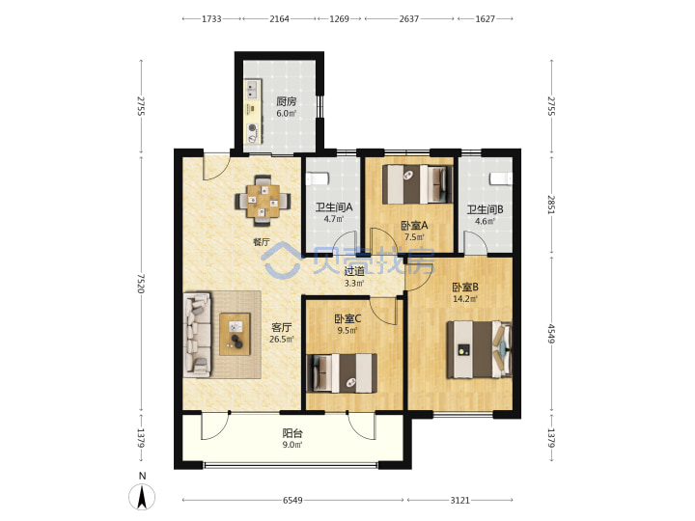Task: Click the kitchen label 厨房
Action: click(x=287, y=101)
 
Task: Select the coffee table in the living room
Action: click(x=235, y=334)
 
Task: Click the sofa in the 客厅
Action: click(x=197, y=335)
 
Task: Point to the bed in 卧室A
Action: click(x=418, y=184)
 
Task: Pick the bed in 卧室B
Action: click(x=479, y=349)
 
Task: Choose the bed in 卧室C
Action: click(x=342, y=373)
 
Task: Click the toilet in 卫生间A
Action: click(x=318, y=178)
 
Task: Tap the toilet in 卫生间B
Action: click(x=501, y=178)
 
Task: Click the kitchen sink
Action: click(x=253, y=90)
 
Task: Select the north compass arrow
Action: click(x=142, y=497)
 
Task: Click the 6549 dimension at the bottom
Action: click(x=292, y=500)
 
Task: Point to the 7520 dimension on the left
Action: click(x=141, y=283)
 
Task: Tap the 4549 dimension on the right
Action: click(x=551, y=334)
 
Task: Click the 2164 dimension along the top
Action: click(x=279, y=18)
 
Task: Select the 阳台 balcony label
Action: click(x=292, y=433)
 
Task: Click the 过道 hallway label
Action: click(x=354, y=271)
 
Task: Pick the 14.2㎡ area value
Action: click(x=465, y=299)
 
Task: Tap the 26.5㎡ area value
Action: click(x=282, y=340)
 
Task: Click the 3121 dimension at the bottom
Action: click(x=459, y=500)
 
